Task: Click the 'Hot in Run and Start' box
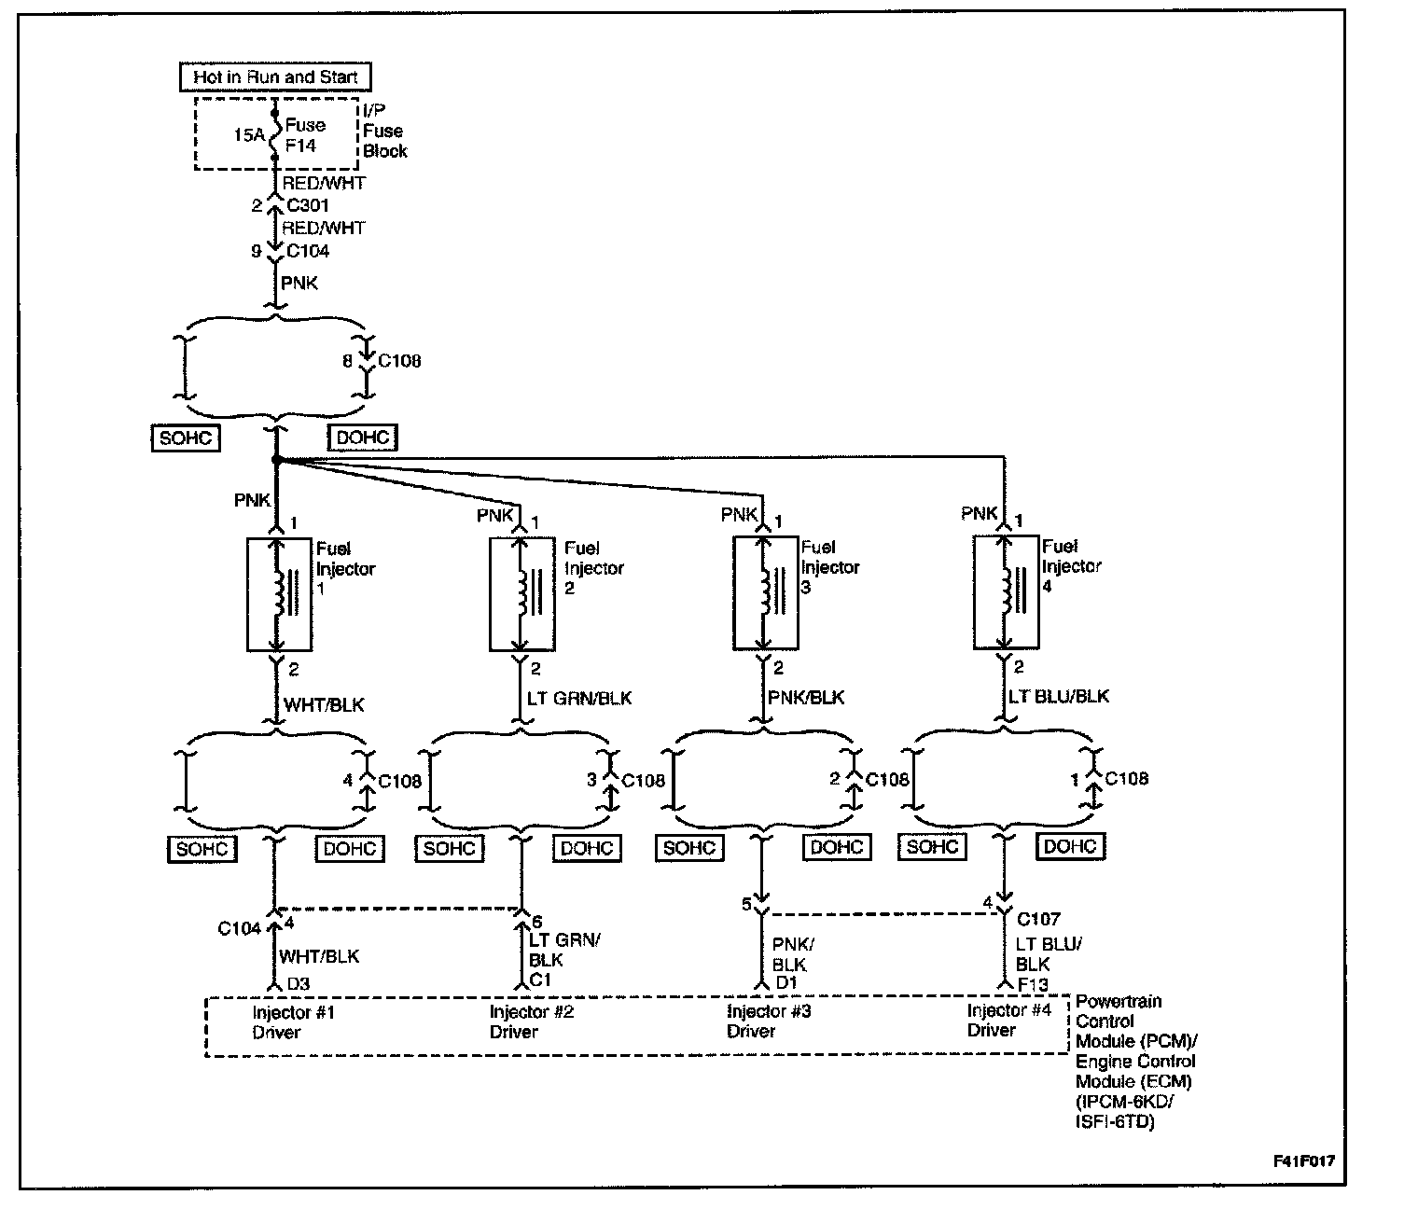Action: pos(275,76)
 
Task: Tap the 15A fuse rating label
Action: pos(248,135)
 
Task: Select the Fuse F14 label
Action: pos(305,135)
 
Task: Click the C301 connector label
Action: pos(307,205)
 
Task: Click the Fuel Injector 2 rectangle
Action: pos(521,593)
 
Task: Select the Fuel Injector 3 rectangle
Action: pos(765,592)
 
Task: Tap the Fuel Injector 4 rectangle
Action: pos(1005,591)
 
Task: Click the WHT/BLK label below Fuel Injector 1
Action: pos(324,704)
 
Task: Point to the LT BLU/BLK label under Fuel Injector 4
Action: pos(1059,696)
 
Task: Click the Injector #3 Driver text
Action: pos(769,1021)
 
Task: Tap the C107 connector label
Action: pos(1038,919)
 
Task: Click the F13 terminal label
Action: pos(1032,984)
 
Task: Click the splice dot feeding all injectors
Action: pos(275,459)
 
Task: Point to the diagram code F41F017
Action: pos(1303,1162)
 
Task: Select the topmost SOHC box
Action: pos(186,438)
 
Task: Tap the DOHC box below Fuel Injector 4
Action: pos(1070,847)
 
